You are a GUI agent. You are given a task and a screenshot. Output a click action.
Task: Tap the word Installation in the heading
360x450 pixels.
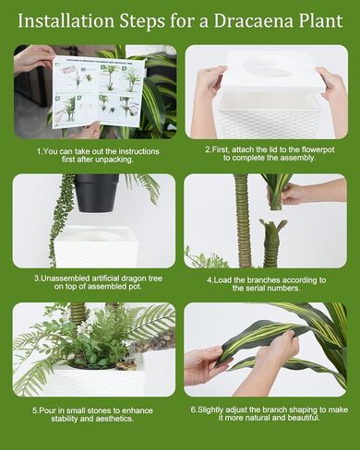[66, 21]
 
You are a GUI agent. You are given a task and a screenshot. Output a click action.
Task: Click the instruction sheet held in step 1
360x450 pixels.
[99, 91]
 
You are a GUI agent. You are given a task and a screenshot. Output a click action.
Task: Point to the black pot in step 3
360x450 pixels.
[96, 193]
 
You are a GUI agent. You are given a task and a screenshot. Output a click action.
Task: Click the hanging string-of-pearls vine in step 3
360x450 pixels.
[60, 219]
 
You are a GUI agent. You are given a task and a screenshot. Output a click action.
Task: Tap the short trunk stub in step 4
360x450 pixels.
[270, 243]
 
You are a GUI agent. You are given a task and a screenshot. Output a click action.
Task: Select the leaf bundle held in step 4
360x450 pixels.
[278, 191]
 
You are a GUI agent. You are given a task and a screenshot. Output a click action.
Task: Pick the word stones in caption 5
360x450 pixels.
[100, 410]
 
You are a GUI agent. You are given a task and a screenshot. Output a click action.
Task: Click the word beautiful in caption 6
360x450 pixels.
[304, 418]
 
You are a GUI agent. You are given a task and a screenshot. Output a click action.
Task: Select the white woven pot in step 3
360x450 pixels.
[96, 247]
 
